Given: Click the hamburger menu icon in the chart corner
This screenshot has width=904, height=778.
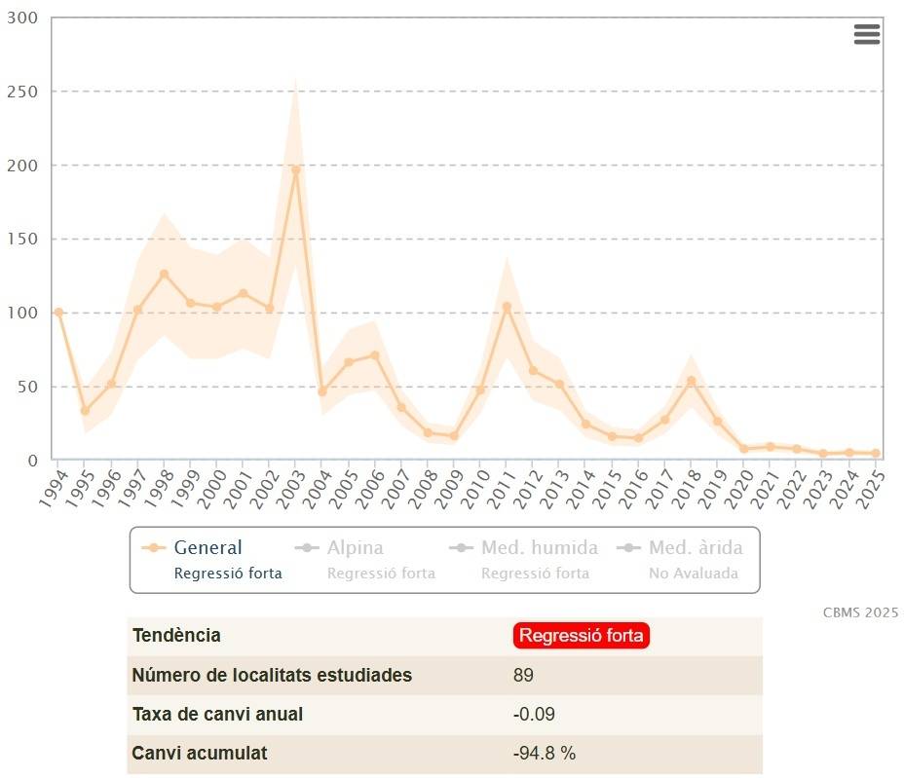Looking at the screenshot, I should pyautogui.click(x=866, y=34).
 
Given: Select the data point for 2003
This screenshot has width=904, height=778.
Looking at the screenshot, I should pyautogui.click(x=295, y=169).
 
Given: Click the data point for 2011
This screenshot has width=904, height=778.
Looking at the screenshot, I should pyautogui.click(x=507, y=307).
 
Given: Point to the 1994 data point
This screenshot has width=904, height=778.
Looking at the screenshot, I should pyautogui.click(x=58, y=313).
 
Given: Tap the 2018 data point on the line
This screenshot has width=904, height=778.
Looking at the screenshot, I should pyautogui.click(x=692, y=381).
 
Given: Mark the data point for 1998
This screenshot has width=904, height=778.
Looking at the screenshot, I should pyautogui.click(x=164, y=275).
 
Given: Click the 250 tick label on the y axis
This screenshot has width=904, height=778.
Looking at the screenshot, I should pyautogui.click(x=20, y=92).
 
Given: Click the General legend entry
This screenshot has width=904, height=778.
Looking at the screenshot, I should pyautogui.click(x=207, y=548).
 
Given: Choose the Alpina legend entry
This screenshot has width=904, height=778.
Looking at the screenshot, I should pyautogui.click(x=355, y=548).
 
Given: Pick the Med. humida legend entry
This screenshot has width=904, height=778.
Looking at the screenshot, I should pyautogui.click(x=539, y=548).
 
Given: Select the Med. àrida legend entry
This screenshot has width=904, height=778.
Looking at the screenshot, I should pyautogui.click(x=696, y=548).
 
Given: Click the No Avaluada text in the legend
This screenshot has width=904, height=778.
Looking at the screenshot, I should pyautogui.click(x=694, y=574).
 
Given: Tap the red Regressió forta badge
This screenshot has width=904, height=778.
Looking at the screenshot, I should pyautogui.click(x=581, y=636).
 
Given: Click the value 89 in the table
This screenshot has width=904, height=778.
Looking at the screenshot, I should pyautogui.click(x=523, y=675).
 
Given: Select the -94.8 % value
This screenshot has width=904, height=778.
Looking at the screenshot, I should pyautogui.click(x=545, y=753).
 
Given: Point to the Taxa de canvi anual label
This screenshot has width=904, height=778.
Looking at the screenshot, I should pyautogui.click(x=217, y=714).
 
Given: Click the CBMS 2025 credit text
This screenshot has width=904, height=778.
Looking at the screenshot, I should pyautogui.click(x=860, y=612).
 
